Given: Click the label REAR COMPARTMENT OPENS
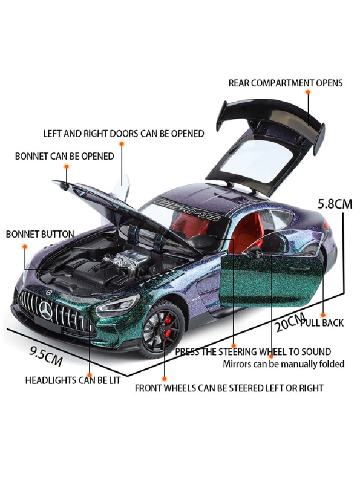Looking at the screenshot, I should (285, 83).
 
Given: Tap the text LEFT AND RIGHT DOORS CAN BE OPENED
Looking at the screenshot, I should (123, 134).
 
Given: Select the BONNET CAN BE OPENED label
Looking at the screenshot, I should (64, 156).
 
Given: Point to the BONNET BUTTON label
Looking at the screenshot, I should (40, 234).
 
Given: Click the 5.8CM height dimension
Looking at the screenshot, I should (335, 204).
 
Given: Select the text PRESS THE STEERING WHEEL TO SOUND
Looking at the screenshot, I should (253, 351).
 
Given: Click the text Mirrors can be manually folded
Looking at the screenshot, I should (283, 363).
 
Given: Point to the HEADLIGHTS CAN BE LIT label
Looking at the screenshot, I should (73, 380).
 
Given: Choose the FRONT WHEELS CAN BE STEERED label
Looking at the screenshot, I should (229, 388).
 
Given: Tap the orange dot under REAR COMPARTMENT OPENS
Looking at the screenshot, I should (307, 92).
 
